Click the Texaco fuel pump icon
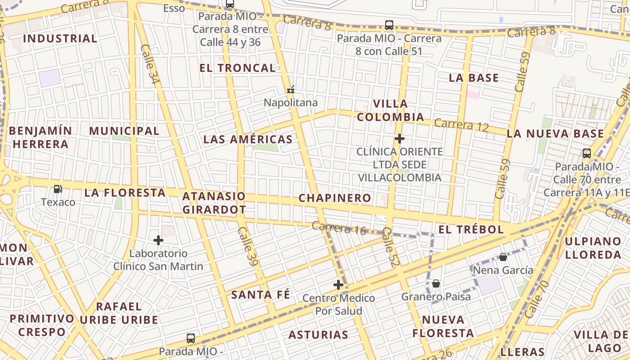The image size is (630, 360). point(58,189)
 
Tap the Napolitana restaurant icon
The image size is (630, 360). point(291,90)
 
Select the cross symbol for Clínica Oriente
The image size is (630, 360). point(399,139)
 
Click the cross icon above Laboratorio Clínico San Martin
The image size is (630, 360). point(158,240)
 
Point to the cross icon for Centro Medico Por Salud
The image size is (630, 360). point(338,284)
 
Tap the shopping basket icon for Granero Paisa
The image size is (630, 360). point(436,283)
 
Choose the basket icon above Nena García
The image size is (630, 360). point(503,257)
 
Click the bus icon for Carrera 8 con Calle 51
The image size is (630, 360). point(389,25)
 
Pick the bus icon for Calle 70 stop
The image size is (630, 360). point(587,153)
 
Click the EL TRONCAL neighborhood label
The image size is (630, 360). point(238,68)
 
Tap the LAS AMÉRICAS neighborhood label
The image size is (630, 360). point(248,139)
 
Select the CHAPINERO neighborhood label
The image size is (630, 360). point(335,198)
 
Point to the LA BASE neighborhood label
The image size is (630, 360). point(474,78)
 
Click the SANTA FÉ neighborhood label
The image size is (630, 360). point(261,295)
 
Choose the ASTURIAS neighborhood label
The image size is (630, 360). point(318,335)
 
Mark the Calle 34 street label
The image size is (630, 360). point(150,64)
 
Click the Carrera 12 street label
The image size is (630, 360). point(461,125)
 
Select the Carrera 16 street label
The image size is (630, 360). point(339,228)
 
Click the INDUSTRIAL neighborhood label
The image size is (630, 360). point(60,38)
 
